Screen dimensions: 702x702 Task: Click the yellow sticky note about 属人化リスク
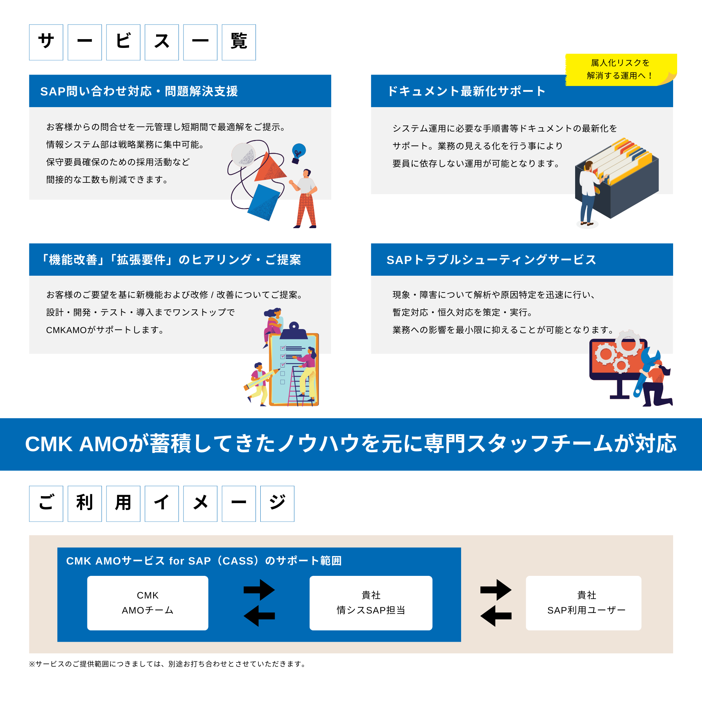click(x=620, y=69)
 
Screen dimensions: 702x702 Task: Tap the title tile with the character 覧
click(x=239, y=42)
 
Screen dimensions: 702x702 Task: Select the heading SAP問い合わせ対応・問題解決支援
click(x=139, y=91)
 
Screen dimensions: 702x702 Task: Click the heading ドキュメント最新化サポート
click(x=467, y=91)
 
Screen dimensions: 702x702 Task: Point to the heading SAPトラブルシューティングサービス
click(x=491, y=260)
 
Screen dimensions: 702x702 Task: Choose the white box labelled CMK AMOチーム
click(x=148, y=603)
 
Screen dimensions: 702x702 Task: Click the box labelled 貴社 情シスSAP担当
click(x=371, y=603)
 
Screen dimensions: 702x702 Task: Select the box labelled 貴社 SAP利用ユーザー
click(x=584, y=603)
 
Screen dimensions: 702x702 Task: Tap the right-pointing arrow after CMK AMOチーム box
click(x=259, y=590)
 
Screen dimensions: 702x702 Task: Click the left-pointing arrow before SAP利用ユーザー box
click(x=495, y=616)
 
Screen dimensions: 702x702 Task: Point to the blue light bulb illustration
click(x=298, y=152)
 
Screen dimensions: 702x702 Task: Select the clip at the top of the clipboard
click(x=294, y=331)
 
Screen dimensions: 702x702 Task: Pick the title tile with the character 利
click(x=84, y=503)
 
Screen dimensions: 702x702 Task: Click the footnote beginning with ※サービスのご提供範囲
click(x=167, y=664)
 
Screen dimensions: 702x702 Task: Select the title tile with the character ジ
click(x=277, y=503)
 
